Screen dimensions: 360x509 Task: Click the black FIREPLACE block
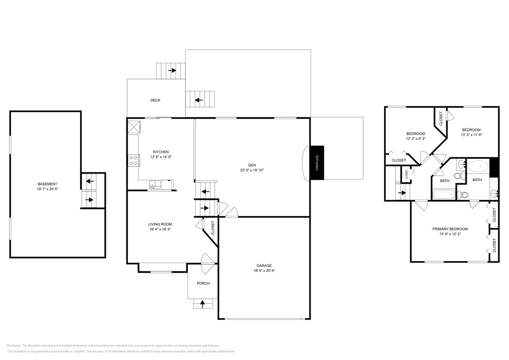[317, 163]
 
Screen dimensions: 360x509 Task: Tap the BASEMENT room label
[47, 184]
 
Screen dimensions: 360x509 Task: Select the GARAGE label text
[264, 265]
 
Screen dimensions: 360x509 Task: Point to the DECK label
[155, 101]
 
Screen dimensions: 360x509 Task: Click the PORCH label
[203, 284]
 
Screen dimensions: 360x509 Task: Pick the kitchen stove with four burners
[133, 160]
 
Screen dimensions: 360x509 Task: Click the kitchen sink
[154, 184]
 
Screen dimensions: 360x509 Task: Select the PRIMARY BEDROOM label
[450, 229]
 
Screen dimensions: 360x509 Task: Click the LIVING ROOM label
[160, 224]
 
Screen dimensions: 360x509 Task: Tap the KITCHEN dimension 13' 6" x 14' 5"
[161, 157]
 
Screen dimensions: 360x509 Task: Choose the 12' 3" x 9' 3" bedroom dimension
[415, 139]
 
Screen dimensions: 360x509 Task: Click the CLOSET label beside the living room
[212, 227]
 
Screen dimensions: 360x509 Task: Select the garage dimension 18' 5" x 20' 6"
[264, 270]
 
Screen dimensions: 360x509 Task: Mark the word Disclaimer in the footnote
[15, 345]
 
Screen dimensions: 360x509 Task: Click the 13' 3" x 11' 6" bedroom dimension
[471, 135]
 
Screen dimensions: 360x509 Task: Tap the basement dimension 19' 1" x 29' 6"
[47, 189]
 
